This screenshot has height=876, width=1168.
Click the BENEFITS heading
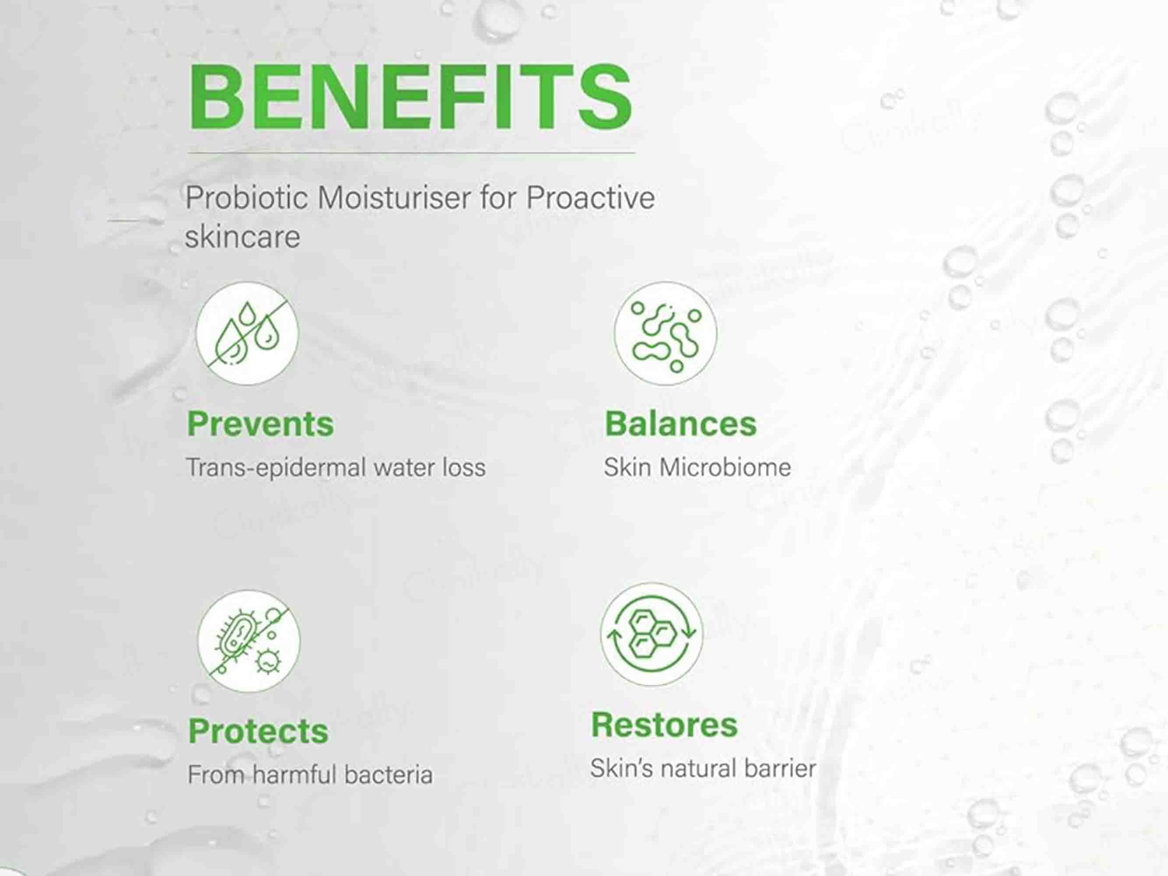(x=410, y=97)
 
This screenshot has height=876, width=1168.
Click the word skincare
(x=242, y=236)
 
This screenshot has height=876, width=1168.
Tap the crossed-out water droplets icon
(x=247, y=333)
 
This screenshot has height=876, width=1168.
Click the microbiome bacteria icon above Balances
(x=665, y=334)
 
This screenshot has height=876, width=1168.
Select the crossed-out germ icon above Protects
(x=249, y=641)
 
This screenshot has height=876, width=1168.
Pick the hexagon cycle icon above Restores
(x=652, y=634)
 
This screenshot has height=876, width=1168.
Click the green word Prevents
(x=260, y=424)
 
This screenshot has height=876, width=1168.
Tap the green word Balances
(x=681, y=424)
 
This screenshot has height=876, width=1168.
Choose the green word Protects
(x=258, y=731)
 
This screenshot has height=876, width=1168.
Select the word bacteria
(x=388, y=775)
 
